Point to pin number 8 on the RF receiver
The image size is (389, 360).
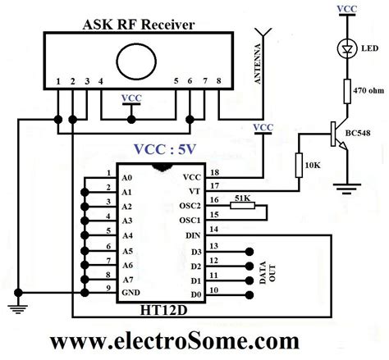tap(218, 83)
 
